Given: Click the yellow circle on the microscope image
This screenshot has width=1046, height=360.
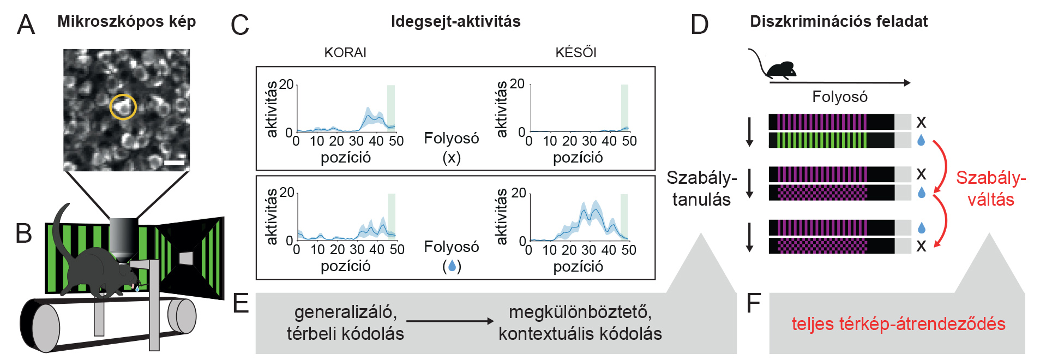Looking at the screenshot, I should tap(123, 107).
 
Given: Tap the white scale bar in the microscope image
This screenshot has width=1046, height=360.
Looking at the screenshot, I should tap(175, 163).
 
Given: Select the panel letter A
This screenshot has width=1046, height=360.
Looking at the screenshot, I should tap(26, 25).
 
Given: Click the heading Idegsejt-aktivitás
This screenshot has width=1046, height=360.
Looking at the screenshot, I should tap(455, 22).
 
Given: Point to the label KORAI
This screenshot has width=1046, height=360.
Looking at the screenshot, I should tap(345, 53).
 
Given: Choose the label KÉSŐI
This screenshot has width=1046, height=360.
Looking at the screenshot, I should tap(576, 53).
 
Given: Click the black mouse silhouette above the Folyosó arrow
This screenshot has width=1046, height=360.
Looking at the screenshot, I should tap(781, 69).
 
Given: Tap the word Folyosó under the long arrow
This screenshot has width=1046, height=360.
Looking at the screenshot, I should tap(839, 97).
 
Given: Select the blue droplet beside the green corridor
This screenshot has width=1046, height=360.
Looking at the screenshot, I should tap(921, 140).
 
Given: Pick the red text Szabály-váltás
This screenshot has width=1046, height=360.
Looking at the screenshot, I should tap(990, 188).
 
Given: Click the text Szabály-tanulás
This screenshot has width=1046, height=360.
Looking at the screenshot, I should tap(701, 188).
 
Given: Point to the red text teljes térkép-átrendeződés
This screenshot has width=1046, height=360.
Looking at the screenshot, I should tap(898, 324).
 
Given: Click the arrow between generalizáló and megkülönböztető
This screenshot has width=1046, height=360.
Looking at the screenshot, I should tap(450, 321).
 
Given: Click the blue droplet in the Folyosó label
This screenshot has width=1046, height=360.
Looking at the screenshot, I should tap(452, 266).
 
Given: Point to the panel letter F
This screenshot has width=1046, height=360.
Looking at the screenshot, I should tap(753, 304).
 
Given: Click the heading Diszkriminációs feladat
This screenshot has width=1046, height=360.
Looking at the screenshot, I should tap(838, 22).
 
